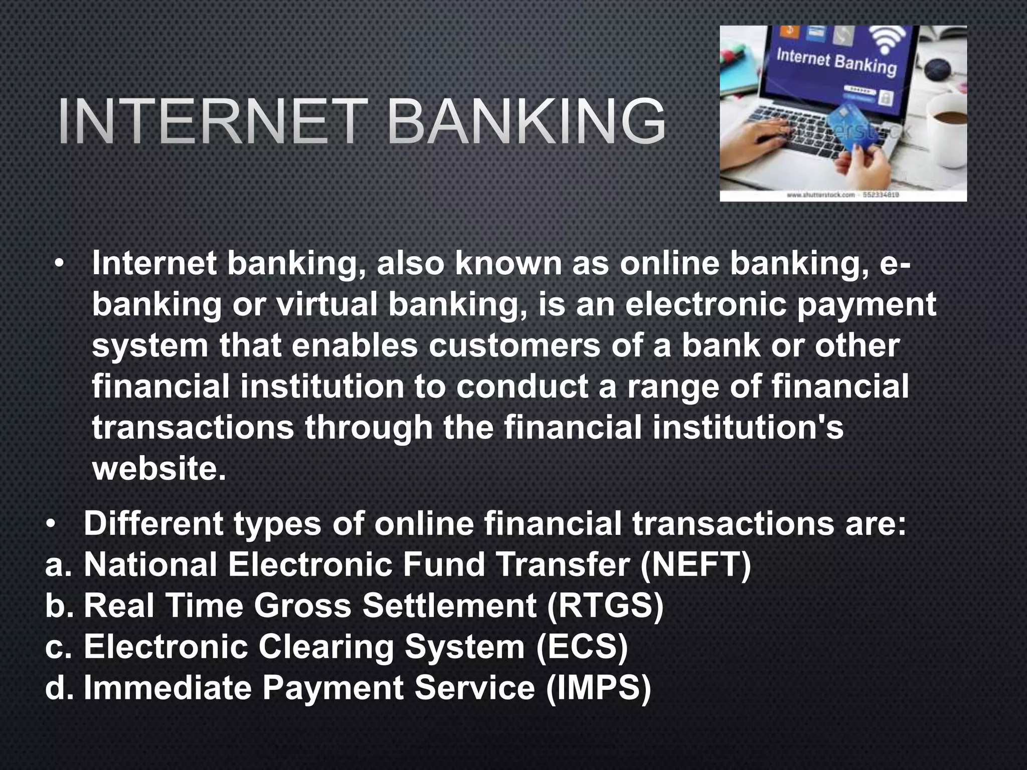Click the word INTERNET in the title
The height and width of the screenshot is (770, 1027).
point(209,122)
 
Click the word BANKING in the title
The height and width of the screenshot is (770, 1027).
point(526,122)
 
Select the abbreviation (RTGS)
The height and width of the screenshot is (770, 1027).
point(605,606)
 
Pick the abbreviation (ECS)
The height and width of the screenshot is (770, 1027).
point(582,647)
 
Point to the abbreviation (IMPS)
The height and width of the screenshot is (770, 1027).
point(598,688)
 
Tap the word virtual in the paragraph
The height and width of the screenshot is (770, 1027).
point(326,305)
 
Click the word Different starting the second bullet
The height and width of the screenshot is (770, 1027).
point(153,524)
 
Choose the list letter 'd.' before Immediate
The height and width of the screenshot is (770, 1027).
point(59,688)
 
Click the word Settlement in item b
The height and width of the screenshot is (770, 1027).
point(449,606)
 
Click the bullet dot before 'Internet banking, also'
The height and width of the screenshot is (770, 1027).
point(60,265)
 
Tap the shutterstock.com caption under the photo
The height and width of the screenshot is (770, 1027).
point(842,195)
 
